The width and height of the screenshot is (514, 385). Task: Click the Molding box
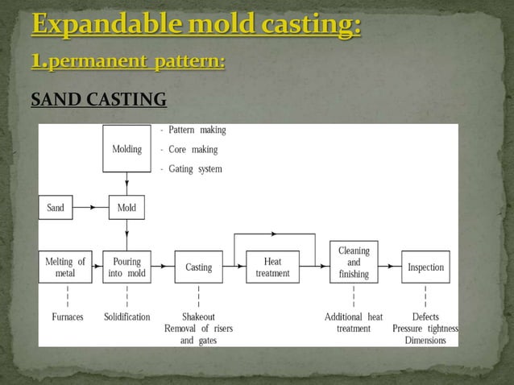[x=126, y=150]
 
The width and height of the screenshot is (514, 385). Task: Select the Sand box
[x=55, y=208]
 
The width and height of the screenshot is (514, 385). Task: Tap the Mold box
[x=126, y=208]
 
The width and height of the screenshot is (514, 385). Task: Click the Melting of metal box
[x=65, y=267]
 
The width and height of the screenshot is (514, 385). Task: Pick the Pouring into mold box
[x=126, y=267]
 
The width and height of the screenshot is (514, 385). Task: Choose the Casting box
[x=198, y=267]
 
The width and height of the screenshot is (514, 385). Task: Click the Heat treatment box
[x=272, y=267]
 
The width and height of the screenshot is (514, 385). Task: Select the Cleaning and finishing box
[x=354, y=263]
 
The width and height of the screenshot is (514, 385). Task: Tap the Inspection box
[x=425, y=267]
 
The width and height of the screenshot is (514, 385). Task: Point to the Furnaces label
[x=67, y=317]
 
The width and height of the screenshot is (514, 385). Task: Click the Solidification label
[x=126, y=317]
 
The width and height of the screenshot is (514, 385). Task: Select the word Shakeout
[x=197, y=317]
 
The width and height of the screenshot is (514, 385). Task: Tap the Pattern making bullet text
[x=197, y=130]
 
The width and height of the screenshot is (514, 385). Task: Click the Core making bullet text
[x=193, y=149]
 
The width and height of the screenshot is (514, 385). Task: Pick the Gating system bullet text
[x=195, y=169]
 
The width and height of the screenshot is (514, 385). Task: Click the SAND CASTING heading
[x=98, y=100]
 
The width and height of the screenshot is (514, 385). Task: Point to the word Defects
[x=425, y=317]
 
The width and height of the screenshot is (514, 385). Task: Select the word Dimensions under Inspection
[x=425, y=340]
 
